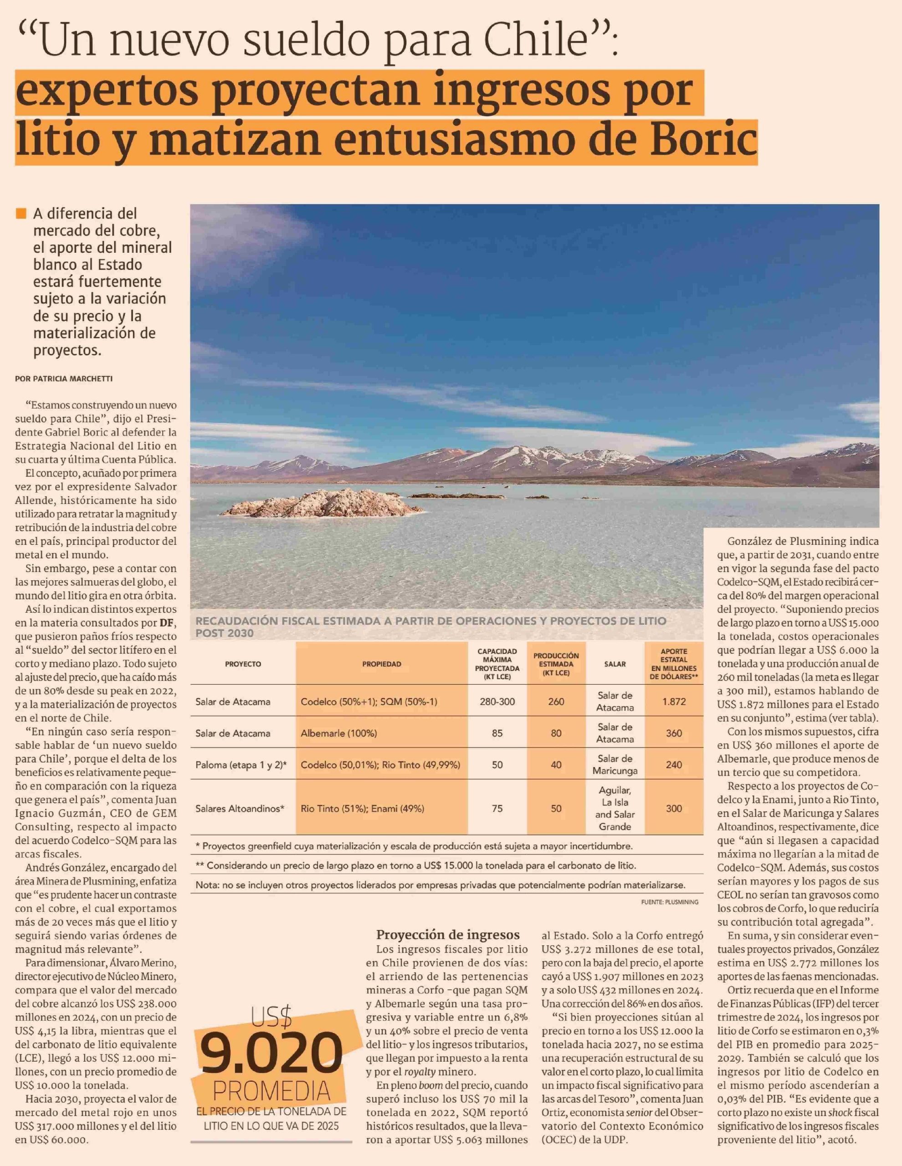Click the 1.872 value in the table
[x=673, y=701]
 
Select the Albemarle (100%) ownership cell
[x=338, y=733]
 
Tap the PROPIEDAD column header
[x=381, y=664]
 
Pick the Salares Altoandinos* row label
[x=240, y=808]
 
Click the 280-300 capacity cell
[x=497, y=701]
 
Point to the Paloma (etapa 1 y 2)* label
[x=241, y=765]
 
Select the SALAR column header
[x=615, y=664]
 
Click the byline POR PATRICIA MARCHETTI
[x=64, y=378]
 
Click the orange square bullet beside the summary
[x=21, y=214]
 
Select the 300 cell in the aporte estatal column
[x=673, y=808]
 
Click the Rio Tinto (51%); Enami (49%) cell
[x=362, y=808]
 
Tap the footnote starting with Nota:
[x=440, y=885]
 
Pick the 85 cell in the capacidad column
[x=497, y=733]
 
